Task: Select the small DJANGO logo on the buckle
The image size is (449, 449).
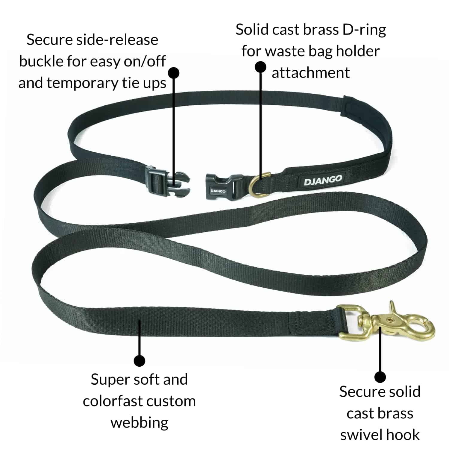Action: pos(218,191)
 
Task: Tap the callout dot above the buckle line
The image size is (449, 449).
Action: pos(174,73)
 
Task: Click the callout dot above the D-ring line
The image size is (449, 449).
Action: pos(261,67)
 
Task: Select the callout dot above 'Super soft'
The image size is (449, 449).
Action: pos(139,361)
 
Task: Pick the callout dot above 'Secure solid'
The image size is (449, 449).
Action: pos(380,377)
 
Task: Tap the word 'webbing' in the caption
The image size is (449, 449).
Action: pos(139,423)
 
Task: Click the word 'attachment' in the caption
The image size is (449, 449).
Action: pos(310,73)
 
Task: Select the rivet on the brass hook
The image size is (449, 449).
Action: pos(389,320)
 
